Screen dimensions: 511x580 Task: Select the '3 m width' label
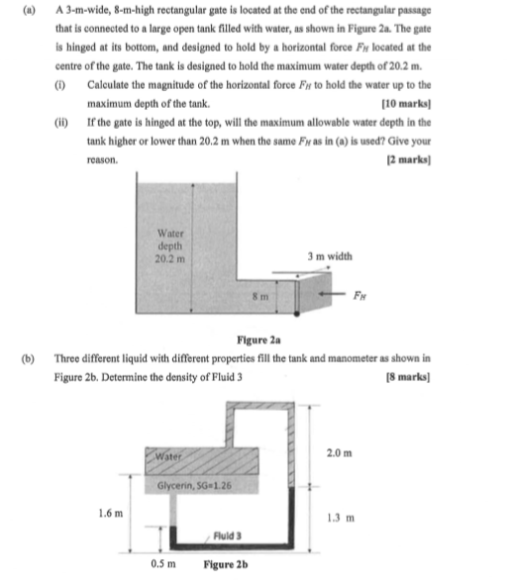(x=329, y=255)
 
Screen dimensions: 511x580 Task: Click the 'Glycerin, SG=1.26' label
(x=195, y=486)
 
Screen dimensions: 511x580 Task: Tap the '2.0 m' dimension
(x=339, y=453)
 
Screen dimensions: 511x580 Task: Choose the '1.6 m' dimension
(x=113, y=513)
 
